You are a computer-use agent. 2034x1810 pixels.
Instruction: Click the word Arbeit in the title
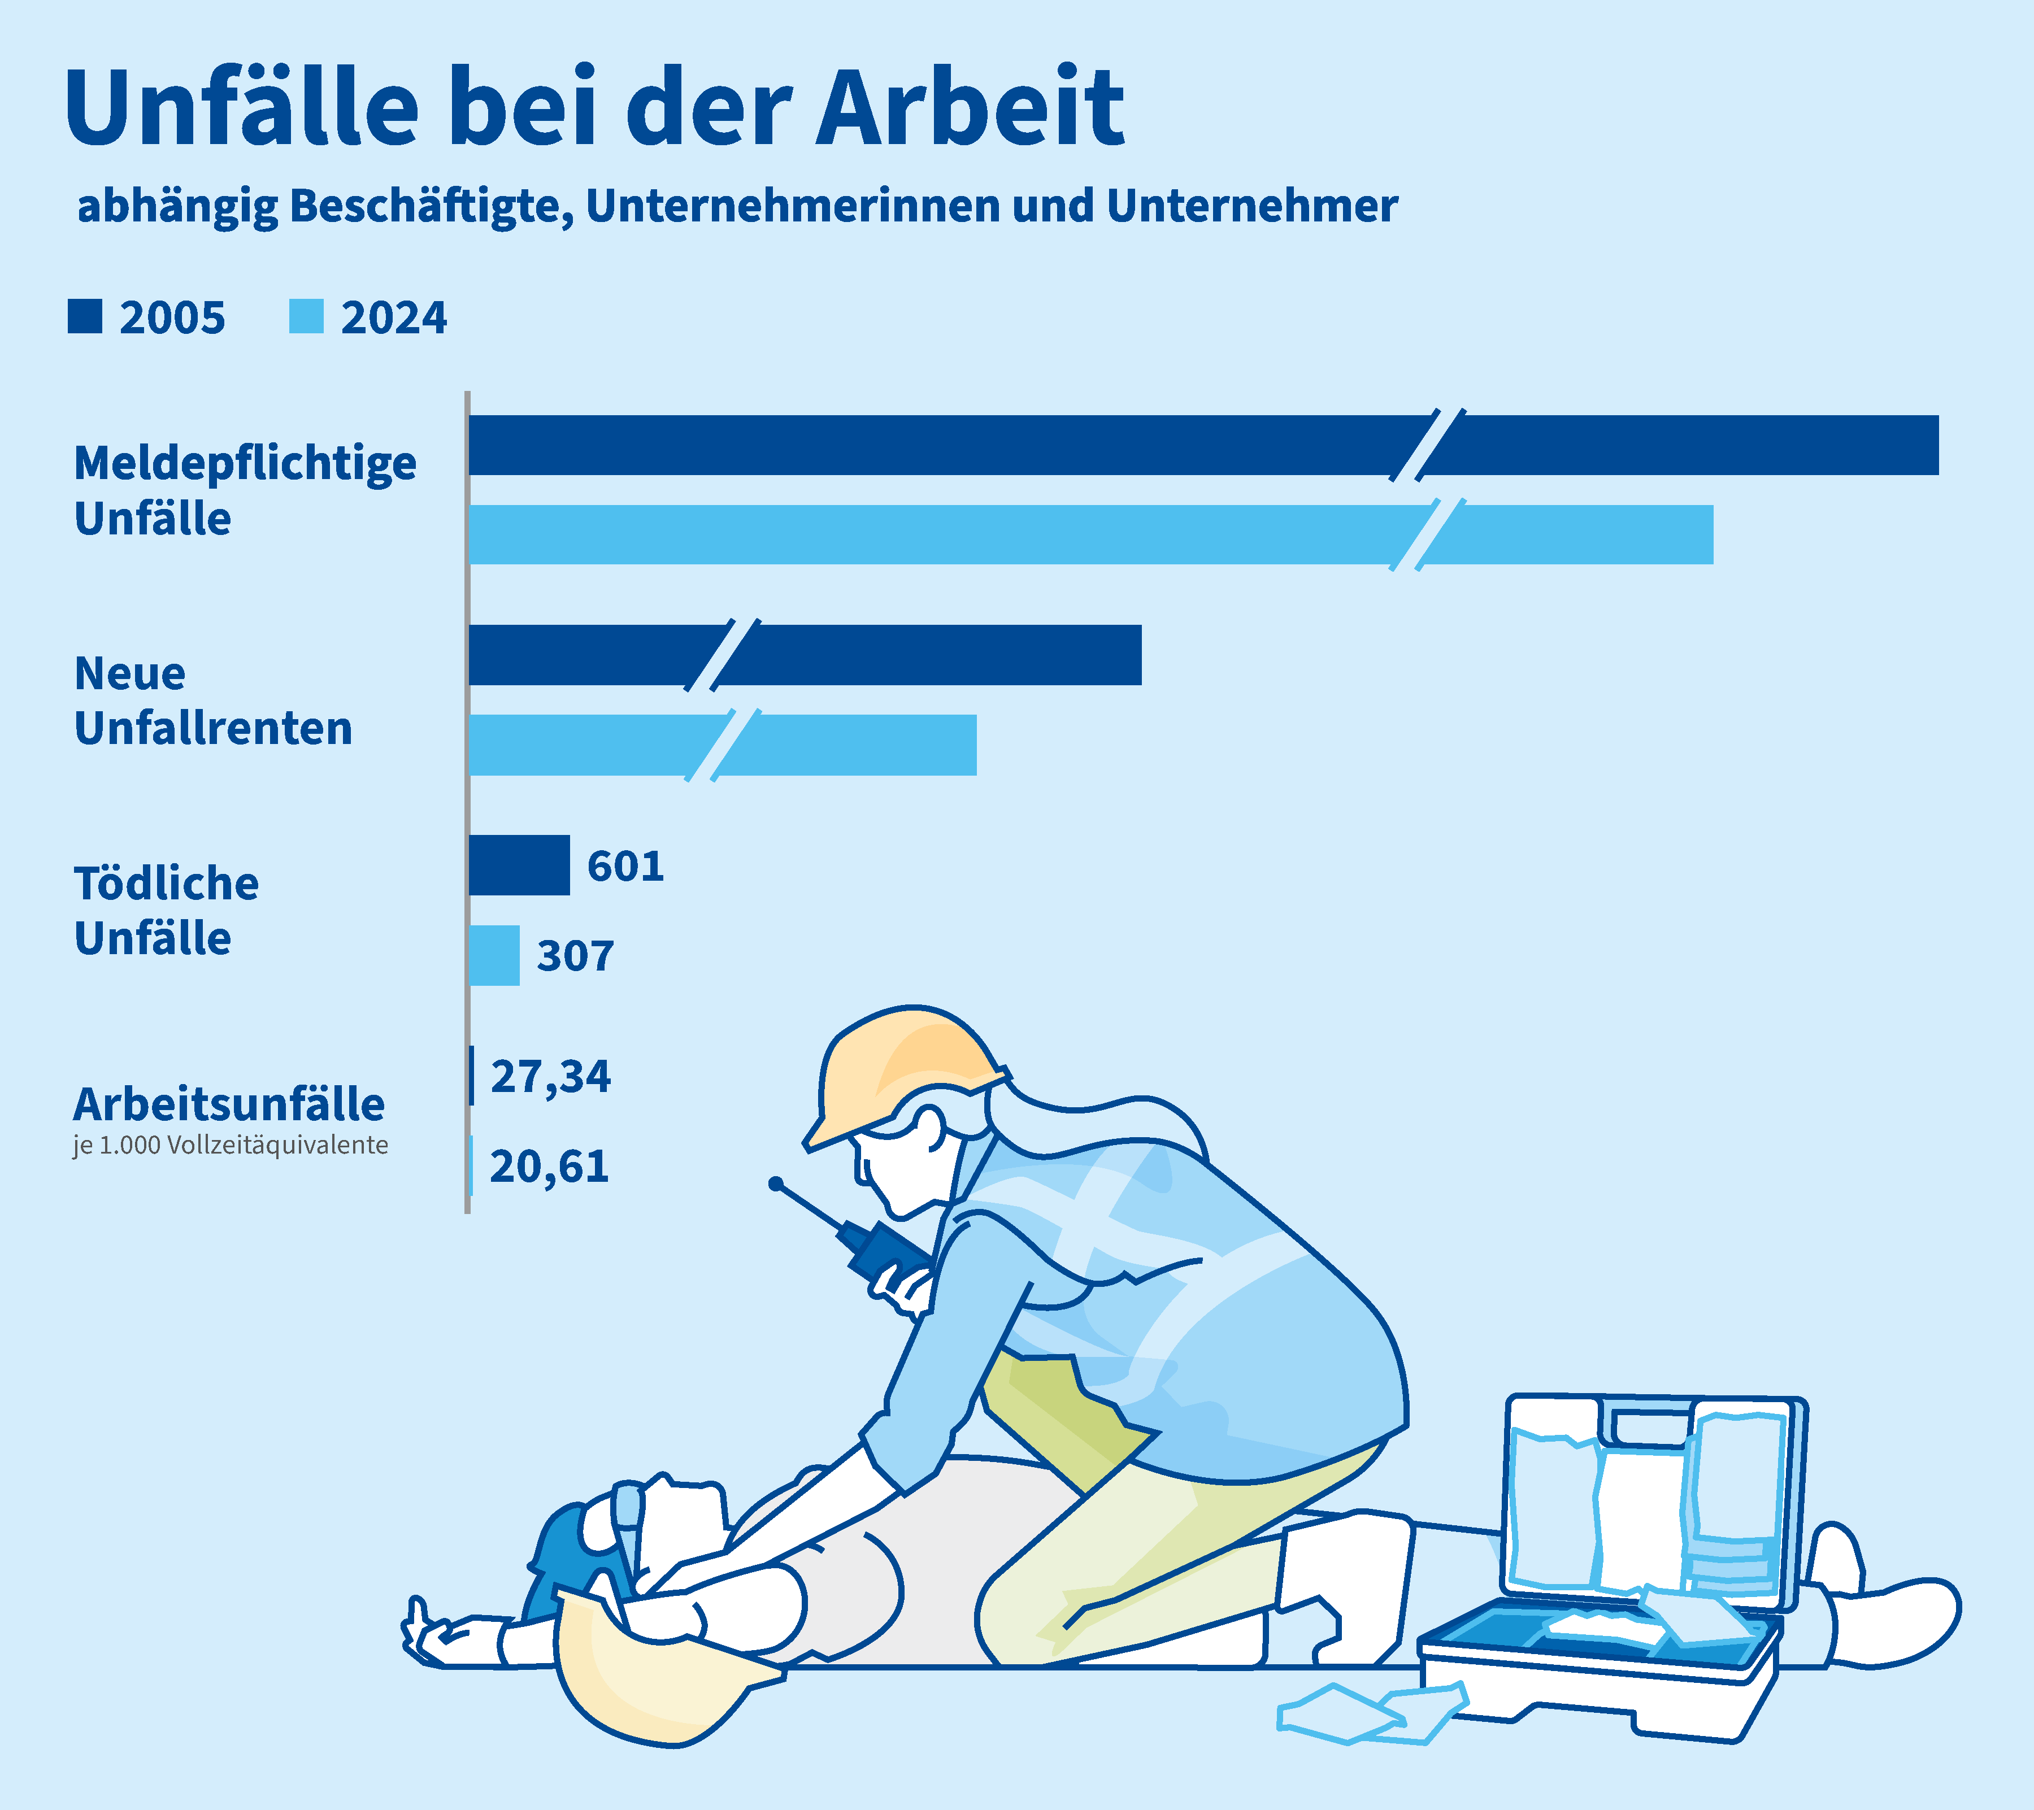coord(970,107)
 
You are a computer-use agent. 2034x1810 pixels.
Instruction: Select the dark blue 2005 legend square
coord(85,316)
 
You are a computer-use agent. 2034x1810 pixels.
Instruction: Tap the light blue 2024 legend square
coord(306,316)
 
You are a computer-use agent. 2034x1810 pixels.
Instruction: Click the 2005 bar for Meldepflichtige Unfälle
coord(1094,445)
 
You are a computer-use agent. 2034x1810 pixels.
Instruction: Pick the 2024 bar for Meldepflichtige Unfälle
coord(995,534)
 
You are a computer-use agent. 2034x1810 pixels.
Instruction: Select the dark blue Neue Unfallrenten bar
coord(896,655)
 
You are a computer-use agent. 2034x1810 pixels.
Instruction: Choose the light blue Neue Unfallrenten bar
coord(846,745)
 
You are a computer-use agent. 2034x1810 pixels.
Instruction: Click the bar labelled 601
coord(519,865)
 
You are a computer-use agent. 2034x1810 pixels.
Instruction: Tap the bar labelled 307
coord(494,955)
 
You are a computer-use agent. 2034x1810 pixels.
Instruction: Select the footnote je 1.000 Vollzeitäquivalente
coord(230,1145)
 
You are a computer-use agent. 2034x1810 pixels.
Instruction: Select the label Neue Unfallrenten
coord(213,700)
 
